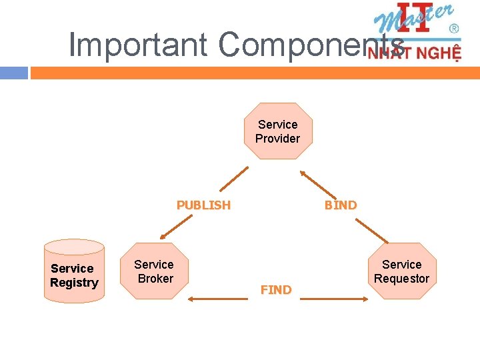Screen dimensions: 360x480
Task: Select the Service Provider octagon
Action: pyautogui.click(x=277, y=131)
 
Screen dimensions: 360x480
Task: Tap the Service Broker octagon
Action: pyautogui.click(x=154, y=271)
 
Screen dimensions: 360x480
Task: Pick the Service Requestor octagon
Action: pyautogui.click(x=401, y=271)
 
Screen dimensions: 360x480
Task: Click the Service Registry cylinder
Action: pyautogui.click(x=74, y=273)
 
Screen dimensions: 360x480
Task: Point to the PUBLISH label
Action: pyautogui.click(x=203, y=205)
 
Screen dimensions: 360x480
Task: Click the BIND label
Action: pyautogui.click(x=341, y=205)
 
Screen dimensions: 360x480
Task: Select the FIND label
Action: pyautogui.click(x=276, y=290)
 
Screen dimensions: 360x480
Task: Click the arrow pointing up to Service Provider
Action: pyautogui.click(x=317, y=183)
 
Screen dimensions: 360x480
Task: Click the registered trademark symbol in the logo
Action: pyautogui.click(x=454, y=29)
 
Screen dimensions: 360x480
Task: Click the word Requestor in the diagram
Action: pyautogui.click(x=401, y=279)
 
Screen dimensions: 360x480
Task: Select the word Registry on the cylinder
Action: pyautogui.click(x=74, y=283)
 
